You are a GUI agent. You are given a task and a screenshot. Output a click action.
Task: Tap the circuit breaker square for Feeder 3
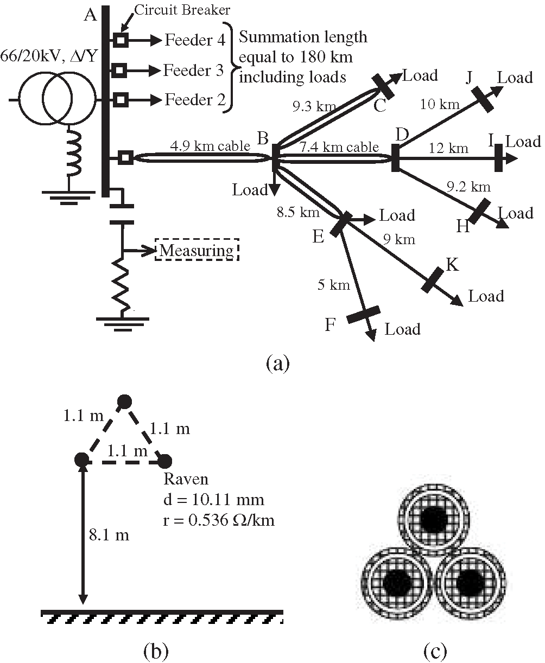(121, 69)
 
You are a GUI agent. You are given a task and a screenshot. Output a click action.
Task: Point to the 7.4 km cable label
(338, 146)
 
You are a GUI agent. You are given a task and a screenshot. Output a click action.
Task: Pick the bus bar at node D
(396, 157)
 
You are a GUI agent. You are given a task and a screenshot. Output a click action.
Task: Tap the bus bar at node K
(432, 279)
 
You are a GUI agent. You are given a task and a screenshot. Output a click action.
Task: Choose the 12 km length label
(448, 148)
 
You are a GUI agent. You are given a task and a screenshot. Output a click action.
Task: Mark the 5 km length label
(333, 285)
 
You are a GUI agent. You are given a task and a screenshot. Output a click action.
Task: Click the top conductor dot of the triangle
(124, 402)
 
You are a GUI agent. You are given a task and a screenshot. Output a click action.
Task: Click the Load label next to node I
(523, 142)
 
